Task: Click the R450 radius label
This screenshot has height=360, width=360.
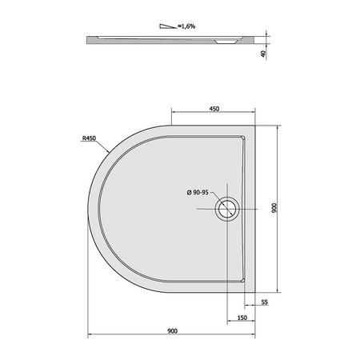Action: [x=89, y=138]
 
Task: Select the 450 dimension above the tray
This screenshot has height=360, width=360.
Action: [x=214, y=109]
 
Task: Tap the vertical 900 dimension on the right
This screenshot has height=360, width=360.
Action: [x=274, y=208]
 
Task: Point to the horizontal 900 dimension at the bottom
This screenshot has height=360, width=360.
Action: [x=172, y=331]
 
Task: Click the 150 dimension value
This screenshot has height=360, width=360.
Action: [x=242, y=318]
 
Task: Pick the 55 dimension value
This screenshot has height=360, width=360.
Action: [x=264, y=302]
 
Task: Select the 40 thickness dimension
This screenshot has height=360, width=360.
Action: [x=263, y=54]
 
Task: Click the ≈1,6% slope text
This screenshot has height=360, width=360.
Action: [x=186, y=26]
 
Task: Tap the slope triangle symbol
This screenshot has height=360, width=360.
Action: [x=168, y=26]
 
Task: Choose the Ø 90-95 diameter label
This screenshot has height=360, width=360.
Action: [x=198, y=192]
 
